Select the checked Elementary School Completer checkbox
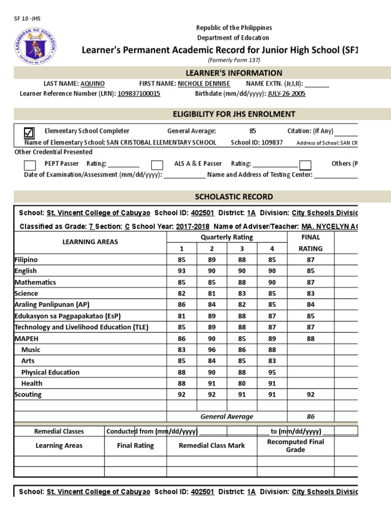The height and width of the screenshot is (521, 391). coord(30,133)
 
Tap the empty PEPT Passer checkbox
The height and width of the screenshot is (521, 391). coord(30,165)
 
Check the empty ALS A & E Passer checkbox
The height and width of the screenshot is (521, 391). coord(157,165)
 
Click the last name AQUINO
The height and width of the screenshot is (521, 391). coord(93,83)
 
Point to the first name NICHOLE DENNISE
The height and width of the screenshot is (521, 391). coord(204,83)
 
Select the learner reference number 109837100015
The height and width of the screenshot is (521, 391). coord(139,94)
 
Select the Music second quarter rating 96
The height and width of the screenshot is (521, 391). coord(212,350)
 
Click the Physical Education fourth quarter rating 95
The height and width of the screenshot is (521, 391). coord(272,372)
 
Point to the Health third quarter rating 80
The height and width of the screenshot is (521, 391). coord(242,383)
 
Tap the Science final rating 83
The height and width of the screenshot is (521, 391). coord(311,293)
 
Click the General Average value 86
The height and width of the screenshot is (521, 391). coord(311,416)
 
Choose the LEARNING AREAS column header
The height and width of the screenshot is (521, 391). coord(90,242)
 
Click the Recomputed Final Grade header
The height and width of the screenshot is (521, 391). coord(295,446)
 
